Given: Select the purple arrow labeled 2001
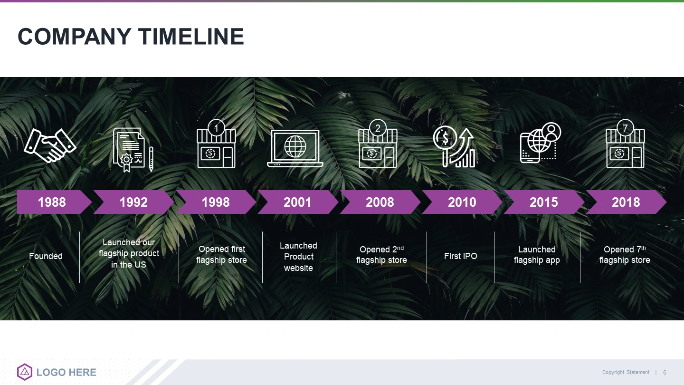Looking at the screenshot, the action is [298, 202].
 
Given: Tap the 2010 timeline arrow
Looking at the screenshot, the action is [462, 202].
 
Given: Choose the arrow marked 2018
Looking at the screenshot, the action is [626, 202].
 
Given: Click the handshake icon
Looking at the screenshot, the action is [50, 145].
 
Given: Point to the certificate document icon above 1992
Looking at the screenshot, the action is [133, 150].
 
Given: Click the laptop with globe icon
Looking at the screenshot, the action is [295, 148].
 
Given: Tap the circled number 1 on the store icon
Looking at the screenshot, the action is [216, 128].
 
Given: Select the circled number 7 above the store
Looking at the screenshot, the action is [625, 128].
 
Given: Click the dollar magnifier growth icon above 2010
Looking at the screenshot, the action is [454, 147].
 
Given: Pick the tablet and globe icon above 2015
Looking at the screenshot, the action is [541, 143].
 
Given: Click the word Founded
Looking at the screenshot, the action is [46, 256].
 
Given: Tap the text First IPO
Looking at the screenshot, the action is [460, 256].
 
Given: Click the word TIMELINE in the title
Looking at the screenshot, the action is [191, 37].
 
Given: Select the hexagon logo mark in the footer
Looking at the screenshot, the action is [25, 372].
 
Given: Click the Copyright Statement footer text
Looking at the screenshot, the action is [626, 372].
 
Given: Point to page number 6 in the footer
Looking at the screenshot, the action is [665, 373].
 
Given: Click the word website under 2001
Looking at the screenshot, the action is [298, 268].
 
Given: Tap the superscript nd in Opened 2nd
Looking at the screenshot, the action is [400, 248].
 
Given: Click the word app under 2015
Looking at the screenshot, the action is [552, 260].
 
